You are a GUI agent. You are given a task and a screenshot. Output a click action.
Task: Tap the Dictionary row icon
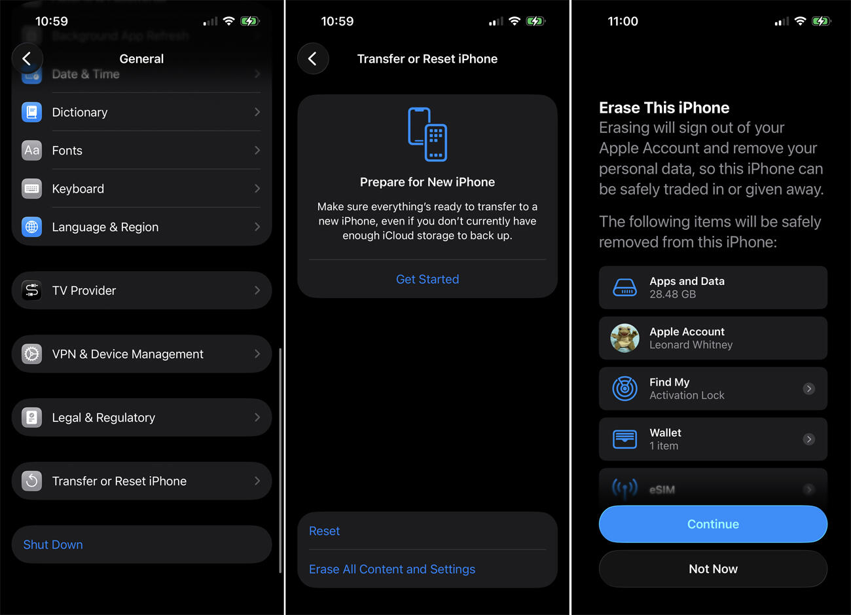click(x=31, y=112)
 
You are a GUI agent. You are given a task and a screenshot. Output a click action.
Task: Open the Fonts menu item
click(x=67, y=151)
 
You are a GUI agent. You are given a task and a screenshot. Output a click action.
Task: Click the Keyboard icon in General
click(x=31, y=189)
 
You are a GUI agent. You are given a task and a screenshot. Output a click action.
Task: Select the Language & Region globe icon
click(x=31, y=227)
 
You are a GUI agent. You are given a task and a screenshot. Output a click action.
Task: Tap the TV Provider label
click(x=84, y=291)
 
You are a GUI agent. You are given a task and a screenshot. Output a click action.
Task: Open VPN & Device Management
click(x=128, y=354)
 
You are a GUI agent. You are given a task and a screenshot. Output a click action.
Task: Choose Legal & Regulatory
click(x=103, y=418)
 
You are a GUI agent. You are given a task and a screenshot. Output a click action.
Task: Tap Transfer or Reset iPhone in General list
click(x=119, y=481)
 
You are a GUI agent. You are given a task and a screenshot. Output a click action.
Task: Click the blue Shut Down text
click(x=53, y=545)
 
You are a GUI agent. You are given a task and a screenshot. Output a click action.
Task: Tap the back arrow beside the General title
click(x=27, y=59)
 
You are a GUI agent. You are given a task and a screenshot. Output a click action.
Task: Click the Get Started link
click(x=427, y=280)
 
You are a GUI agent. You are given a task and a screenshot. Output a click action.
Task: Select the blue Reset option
click(x=324, y=531)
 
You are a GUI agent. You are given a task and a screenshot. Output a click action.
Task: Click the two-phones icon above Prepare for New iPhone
click(x=427, y=134)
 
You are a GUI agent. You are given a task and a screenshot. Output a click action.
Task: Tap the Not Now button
click(x=713, y=569)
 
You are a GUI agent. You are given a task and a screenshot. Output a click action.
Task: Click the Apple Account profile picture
click(x=625, y=339)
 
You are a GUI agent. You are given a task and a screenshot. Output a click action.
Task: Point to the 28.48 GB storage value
click(x=672, y=295)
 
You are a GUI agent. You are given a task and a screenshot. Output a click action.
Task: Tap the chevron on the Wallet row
click(x=809, y=439)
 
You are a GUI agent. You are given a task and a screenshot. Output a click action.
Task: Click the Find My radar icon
click(x=625, y=389)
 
